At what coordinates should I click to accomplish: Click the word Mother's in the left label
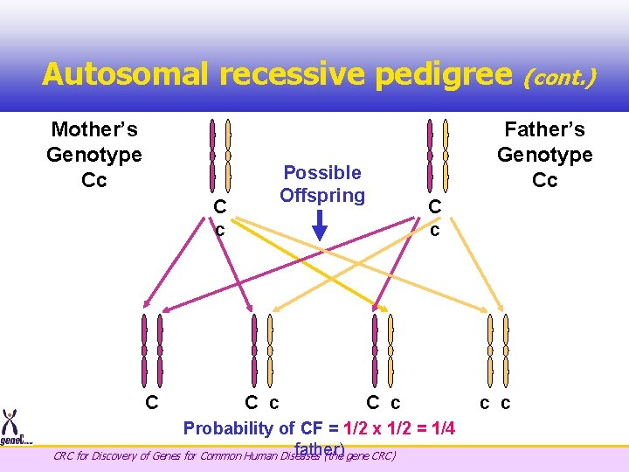click(x=94, y=130)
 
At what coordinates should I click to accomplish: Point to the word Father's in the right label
click(x=544, y=130)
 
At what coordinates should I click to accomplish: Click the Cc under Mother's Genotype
click(x=94, y=180)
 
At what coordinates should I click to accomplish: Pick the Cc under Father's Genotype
click(x=544, y=180)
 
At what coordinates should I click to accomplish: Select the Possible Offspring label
click(x=322, y=184)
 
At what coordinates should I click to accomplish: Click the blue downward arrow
click(x=320, y=225)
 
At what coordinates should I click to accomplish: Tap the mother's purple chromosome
click(x=212, y=154)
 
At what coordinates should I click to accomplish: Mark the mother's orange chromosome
click(x=228, y=154)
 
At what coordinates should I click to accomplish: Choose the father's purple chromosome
click(x=429, y=154)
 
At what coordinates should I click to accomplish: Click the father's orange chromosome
click(x=446, y=154)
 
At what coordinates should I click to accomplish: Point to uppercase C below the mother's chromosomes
click(x=220, y=207)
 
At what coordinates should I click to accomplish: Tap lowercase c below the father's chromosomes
click(x=434, y=229)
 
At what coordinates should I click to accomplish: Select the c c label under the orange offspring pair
click(x=495, y=403)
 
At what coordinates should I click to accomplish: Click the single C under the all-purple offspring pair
click(x=151, y=403)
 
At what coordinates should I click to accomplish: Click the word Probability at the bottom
click(x=227, y=427)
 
